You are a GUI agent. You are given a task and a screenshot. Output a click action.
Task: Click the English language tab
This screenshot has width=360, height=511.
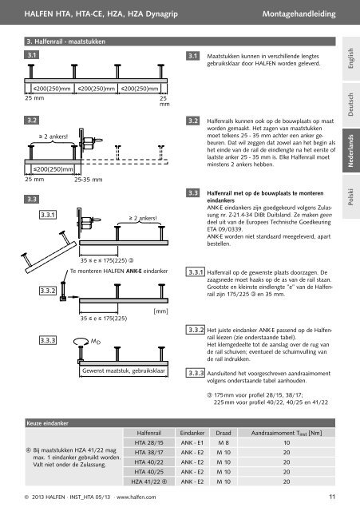point(351,58)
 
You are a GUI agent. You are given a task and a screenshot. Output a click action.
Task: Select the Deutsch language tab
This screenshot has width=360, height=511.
point(351,105)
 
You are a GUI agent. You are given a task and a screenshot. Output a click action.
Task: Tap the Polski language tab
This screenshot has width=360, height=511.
point(351,196)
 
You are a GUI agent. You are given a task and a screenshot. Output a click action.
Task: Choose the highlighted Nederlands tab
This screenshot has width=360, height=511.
point(351,151)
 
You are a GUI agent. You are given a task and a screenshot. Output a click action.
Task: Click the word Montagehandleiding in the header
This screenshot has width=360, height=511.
point(299,14)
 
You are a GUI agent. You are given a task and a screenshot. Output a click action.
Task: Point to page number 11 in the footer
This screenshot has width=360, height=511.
point(332,497)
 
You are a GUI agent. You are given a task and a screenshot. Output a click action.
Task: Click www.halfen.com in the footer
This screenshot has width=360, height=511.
point(136,497)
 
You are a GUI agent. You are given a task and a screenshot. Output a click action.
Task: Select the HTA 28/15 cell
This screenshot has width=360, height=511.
point(149,442)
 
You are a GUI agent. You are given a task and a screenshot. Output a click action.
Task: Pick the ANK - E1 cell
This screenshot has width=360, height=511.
point(192,442)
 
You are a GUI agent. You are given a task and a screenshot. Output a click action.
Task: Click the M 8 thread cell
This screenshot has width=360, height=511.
point(224,442)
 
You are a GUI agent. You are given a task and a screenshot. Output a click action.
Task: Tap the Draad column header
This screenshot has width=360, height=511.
point(224,433)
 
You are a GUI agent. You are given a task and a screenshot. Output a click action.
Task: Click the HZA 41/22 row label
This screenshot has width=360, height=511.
point(149,481)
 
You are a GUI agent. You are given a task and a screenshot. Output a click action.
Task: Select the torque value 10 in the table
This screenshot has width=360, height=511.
point(287,442)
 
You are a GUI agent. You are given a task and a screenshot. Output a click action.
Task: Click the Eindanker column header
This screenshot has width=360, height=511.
point(192,433)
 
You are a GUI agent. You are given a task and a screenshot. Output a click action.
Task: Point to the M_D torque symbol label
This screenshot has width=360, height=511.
point(96,341)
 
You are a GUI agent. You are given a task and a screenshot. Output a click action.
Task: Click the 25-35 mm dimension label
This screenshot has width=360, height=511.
point(88,180)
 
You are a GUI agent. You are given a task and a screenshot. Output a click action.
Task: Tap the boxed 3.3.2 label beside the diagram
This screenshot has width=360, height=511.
point(48,291)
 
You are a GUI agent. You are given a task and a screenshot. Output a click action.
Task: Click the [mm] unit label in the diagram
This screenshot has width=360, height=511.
point(160,311)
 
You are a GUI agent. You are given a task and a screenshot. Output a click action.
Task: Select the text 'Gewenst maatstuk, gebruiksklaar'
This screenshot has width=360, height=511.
point(124,370)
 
